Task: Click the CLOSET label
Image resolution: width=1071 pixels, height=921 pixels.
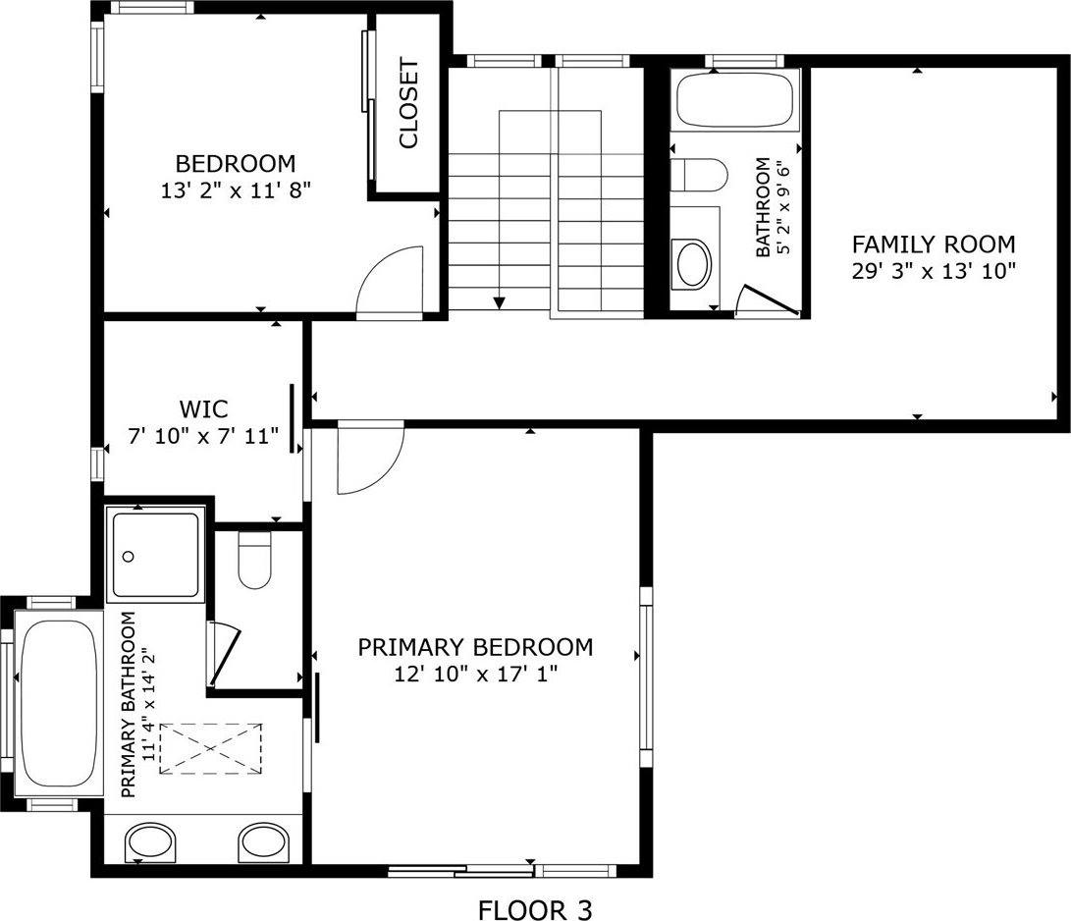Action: point(408,104)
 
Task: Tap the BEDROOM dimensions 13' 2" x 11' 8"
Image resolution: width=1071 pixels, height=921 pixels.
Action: point(236,190)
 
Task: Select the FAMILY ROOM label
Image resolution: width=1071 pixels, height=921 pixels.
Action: point(933,244)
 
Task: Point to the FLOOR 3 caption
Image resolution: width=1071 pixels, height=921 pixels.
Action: point(535,910)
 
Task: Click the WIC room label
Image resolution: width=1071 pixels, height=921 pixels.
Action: point(203,408)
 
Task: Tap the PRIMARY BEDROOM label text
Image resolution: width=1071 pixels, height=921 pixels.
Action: point(475,647)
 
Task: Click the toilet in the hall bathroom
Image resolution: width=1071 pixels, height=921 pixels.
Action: point(699,176)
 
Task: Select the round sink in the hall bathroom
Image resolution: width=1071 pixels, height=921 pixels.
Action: point(694,263)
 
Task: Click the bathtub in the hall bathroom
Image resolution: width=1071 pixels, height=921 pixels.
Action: point(736,99)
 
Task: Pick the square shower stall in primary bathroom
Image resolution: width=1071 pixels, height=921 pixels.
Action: point(157,556)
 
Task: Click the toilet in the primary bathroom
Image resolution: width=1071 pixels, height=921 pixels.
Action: point(254,562)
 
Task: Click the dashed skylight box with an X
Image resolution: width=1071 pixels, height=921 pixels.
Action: point(210,749)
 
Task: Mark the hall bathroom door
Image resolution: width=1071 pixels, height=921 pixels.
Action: point(770,300)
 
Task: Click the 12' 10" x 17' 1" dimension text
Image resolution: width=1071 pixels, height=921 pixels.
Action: point(475,675)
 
